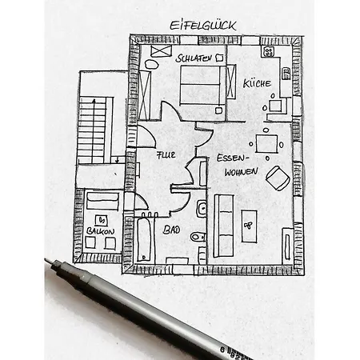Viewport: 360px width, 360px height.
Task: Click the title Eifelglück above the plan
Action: [203, 26]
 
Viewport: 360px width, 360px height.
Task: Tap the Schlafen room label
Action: [194, 58]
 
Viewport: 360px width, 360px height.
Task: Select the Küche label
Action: [257, 83]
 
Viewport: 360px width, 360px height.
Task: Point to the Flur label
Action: [166, 155]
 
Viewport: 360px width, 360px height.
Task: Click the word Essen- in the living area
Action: [232, 158]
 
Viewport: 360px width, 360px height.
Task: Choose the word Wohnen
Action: [241, 172]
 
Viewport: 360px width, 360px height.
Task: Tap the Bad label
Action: [171, 230]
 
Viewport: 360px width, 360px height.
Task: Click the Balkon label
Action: [100, 231]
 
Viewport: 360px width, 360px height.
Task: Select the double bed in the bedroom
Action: [200, 85]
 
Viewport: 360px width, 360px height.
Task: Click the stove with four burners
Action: [268, 51]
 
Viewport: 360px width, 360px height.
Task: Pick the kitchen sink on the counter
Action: [286, 74]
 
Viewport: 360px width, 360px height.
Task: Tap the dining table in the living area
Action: [266, 144]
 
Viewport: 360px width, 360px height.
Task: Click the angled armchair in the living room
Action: [278, 178]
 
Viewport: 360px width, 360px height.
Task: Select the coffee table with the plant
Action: [250, 226]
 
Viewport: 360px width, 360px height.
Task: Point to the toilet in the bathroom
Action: [198, 236]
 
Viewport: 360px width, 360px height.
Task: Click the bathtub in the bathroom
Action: [145, 240]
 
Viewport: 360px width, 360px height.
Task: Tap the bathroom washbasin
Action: [202, 208]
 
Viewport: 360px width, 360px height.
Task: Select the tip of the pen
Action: [46, 260]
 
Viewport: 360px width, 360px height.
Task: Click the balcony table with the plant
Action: [102, 220]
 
